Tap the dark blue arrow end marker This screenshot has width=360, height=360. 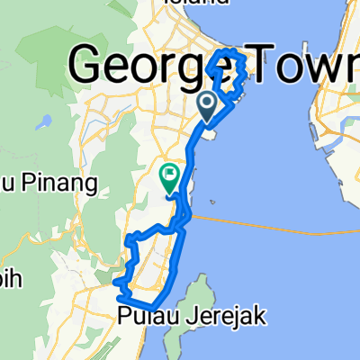[x=207, y=107]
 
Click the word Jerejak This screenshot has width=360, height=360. [x=193, y=316]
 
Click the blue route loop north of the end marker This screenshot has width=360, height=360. [x=227, y=72]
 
